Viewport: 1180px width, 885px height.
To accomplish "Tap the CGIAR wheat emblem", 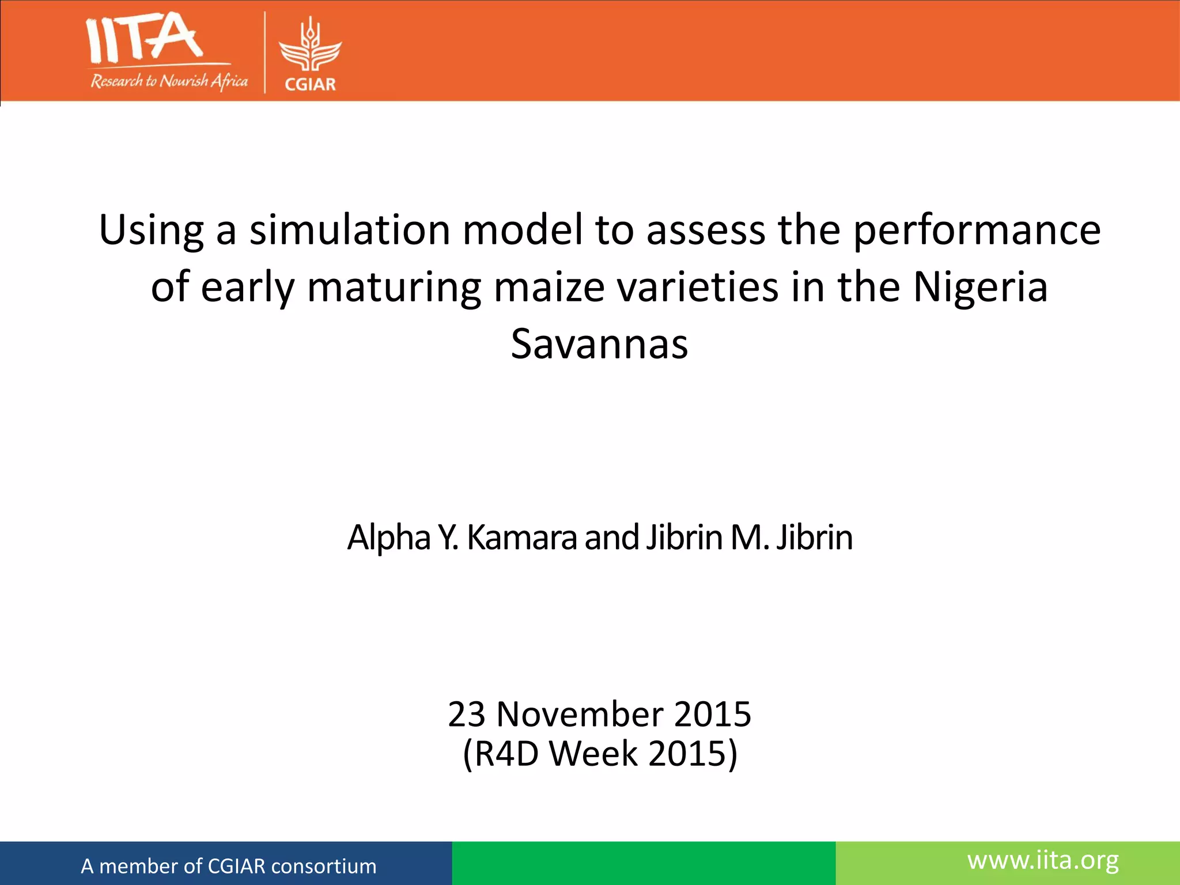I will click(311, 46).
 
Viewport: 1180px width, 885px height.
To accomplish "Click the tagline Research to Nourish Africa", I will click(169, 81).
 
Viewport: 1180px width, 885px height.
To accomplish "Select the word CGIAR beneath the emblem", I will click(311, 85).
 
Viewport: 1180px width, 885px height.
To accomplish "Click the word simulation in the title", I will click(349, 230).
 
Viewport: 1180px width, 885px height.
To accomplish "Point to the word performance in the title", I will click(977, 230).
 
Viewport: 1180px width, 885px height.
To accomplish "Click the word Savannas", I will click(599, 344).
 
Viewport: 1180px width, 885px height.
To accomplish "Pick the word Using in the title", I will click(151, 230).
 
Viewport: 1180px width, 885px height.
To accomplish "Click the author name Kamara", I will click(521, 538).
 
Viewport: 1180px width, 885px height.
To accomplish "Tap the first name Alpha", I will click(388, 538).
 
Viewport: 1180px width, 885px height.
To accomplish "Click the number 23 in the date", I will click(467, 714).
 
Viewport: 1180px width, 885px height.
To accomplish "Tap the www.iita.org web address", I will click(1043, 860).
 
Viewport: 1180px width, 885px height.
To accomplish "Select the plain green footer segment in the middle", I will click(644, 863).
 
